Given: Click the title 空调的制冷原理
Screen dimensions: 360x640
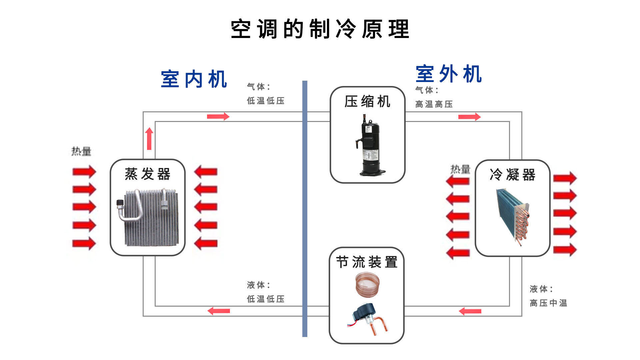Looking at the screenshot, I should point(320,29).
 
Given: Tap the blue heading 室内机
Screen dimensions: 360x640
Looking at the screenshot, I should point(194,79).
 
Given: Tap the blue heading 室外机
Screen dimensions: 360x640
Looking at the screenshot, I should point(449,74).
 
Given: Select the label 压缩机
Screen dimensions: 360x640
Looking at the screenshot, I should point(367,102).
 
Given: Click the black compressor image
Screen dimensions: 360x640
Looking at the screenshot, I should point(370,145).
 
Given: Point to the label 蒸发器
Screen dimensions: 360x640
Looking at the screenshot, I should point(147,174).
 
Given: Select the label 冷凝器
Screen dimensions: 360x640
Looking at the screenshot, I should point(512,175).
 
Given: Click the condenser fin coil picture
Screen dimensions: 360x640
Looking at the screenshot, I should point(513,217).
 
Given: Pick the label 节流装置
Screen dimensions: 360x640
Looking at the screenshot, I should point(367,262).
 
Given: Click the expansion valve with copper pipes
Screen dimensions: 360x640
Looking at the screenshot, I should point(368,318).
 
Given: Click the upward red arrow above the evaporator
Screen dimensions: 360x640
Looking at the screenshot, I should point(149,138).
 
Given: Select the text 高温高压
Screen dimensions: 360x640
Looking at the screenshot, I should point(434,104).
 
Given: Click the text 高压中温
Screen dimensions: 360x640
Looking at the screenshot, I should point(548,303).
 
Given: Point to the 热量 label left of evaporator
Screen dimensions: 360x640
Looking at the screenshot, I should point(81,151).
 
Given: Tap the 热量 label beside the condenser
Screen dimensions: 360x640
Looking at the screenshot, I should point(460,169).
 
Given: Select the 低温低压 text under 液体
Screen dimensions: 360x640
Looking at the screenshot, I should point(265,299).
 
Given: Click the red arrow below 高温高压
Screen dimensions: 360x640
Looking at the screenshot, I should point(469,117).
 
